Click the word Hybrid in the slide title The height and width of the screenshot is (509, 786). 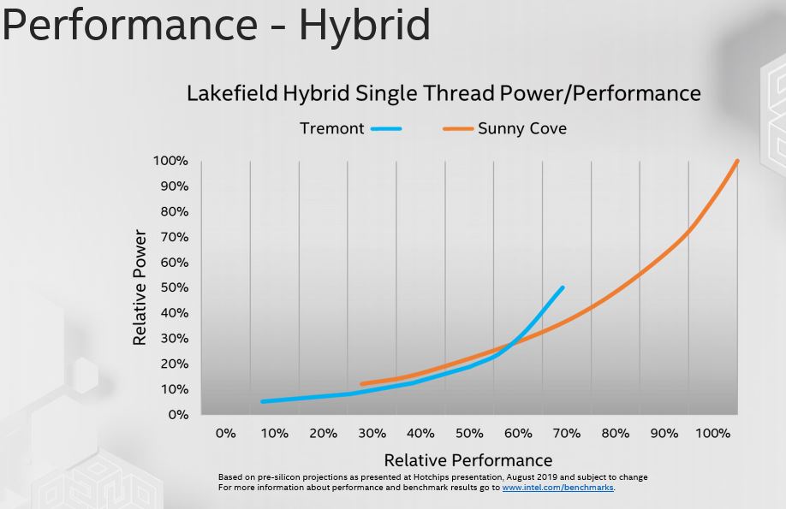coord(364,25)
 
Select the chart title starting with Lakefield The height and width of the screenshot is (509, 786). coord(444,92)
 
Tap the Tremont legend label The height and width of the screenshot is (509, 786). coord(331,129)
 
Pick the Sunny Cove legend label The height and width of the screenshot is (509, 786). coord(522,129)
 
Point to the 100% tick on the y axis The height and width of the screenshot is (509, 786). coord(170,161)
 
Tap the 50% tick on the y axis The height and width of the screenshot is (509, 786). coord(174,287)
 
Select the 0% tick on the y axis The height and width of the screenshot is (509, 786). coord(178,415)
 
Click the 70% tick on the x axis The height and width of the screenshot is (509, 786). coord(567,433)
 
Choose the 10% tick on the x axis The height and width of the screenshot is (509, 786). coord(274,433)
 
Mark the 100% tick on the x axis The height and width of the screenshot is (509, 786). coord(712,433)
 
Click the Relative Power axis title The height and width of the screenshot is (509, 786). coord(140,287)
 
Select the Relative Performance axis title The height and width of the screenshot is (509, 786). coord(468,459)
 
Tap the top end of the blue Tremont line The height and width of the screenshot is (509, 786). coord(563,287)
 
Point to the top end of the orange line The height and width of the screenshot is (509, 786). coord(737,161)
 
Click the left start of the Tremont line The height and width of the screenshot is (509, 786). coord(263,401)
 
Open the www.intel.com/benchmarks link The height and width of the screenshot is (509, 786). coord(557,488)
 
